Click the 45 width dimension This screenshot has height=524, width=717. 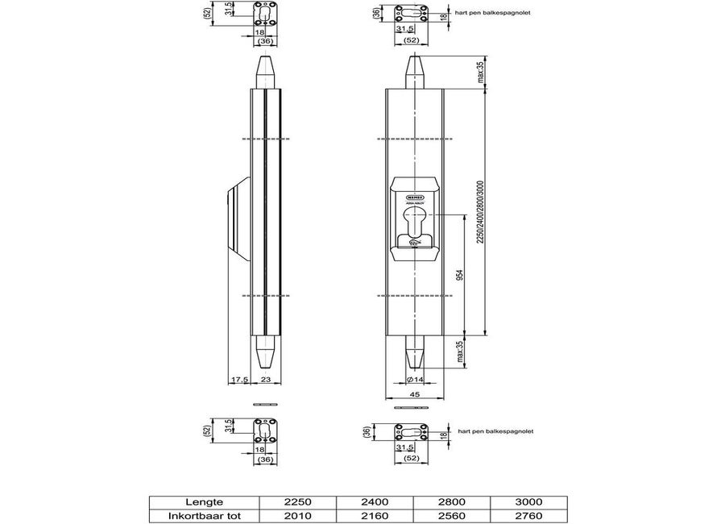click(413, 394)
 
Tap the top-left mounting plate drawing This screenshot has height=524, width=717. click(265, 15)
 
